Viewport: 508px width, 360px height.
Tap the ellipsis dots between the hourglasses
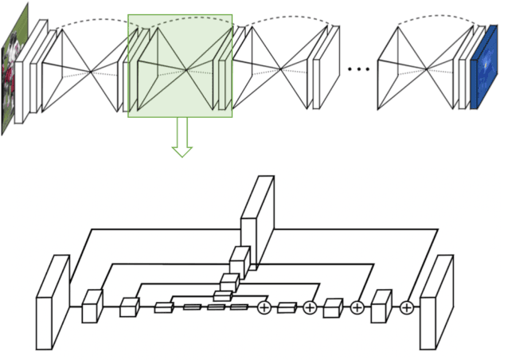pyautogui.click(x=359, y=69)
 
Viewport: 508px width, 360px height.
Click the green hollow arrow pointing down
pyautogui.click(x=182, y=140)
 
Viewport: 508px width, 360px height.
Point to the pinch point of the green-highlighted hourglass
pyautogui.click(x=186, y=71)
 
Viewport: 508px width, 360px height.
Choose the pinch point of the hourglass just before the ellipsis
pyautogui.click(x=281, y=71)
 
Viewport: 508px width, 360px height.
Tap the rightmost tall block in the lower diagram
pyautogui.click(x=436, y=302)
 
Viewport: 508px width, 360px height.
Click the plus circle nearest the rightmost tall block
pyautogui.click(x=407, y=307)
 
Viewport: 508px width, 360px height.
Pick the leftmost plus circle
pyautogui.click(x=264, y=307)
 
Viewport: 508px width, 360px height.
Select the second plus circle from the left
pyautogui.click(x=310, y=307)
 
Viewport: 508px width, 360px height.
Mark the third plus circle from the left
pyautogui.click(x=357, y=307)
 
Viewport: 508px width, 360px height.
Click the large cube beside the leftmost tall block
pyautogui.click(x=92, y=306)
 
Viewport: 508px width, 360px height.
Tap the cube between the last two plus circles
pyautogui.click(x=381, y=306)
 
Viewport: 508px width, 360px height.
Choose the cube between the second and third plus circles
pyautogui.click(x=333, y=307)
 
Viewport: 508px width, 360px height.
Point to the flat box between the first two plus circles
pyautogui.click(x=287, y=307)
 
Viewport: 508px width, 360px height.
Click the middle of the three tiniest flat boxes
pyautogui.click(x=216, y=307)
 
